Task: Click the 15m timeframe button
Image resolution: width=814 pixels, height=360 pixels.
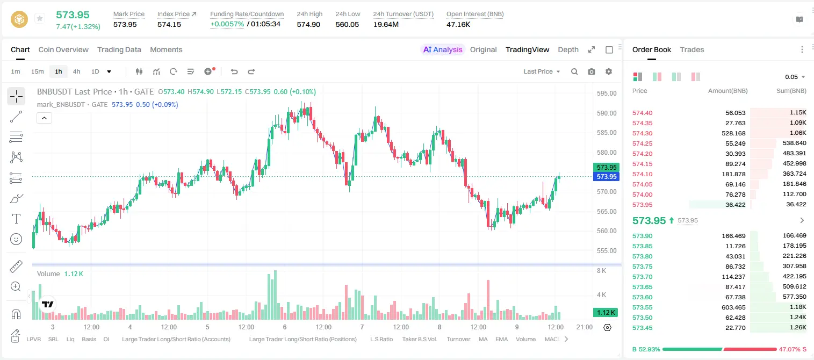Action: [x=38, y=71]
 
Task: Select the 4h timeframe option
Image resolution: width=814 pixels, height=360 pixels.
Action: [x=76, y=71]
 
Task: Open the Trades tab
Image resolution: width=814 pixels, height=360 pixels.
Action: [x=692, y=49]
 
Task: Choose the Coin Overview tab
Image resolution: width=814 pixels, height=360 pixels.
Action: [x=63, y=49]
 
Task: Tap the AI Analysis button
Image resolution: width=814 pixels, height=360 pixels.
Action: [x=443, y=49]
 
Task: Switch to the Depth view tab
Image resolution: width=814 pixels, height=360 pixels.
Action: [x=568, y=49]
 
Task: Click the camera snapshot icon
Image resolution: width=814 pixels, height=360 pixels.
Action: [x=592, y=71]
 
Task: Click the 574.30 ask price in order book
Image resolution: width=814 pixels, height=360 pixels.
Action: [x=642, y=133]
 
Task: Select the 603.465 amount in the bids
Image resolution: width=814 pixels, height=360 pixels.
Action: [x=733, y=307]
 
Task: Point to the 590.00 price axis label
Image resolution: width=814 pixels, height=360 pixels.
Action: [x=607, y=113]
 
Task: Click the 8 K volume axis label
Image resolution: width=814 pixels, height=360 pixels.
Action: [x=601, y=271]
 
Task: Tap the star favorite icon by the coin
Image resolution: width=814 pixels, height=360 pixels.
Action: [x=40, y=18]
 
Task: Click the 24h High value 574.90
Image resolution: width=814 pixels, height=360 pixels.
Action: [x=308, y=24]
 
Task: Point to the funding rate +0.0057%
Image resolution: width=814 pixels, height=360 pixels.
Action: [x=227, y=24]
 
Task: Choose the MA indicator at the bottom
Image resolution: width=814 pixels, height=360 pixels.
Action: [x=483, y=339]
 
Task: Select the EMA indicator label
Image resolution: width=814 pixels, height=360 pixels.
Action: [x=501, y=339]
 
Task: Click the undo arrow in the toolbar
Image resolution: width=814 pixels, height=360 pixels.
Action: [x=234, y=71]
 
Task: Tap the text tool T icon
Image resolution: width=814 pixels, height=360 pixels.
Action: [x=16, y=219]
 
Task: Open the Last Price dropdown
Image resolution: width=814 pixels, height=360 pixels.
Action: [x=542, y=71]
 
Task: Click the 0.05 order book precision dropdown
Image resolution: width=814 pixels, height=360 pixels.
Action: [x=795, y=77]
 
